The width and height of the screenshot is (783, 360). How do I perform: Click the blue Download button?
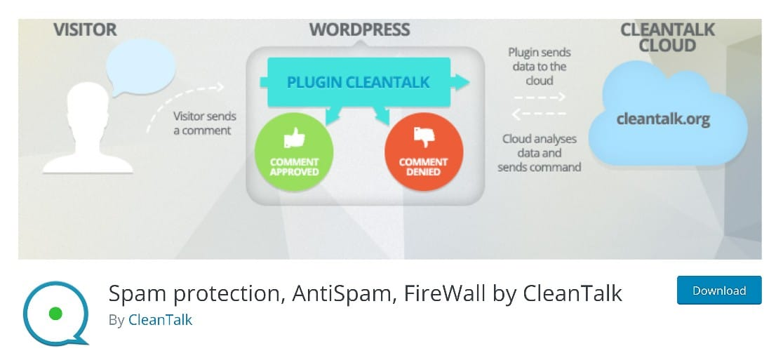click(718, 290)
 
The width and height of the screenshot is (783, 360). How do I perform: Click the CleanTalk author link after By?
click(160, 320)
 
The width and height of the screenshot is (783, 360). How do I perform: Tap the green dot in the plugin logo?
click(56, 312)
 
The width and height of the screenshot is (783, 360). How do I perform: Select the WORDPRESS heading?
click(359, 30)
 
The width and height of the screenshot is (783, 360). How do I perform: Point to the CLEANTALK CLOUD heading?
click(667, 38)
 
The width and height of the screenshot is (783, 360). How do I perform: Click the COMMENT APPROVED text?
click(295, 167)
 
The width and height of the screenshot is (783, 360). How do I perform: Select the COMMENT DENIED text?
click(424, 167)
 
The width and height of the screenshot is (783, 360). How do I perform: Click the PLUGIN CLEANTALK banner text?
click(358, 83)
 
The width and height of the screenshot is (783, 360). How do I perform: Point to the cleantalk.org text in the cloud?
click(663, 119)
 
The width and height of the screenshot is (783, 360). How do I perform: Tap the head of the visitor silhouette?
click(86, 105)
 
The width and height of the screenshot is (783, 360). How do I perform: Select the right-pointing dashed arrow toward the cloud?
click(540, 98)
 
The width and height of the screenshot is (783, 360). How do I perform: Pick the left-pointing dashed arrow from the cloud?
click(540, 114)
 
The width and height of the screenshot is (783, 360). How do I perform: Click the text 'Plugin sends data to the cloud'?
click(540, 67)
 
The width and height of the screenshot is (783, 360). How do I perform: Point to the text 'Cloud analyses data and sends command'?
click(540, 153)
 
